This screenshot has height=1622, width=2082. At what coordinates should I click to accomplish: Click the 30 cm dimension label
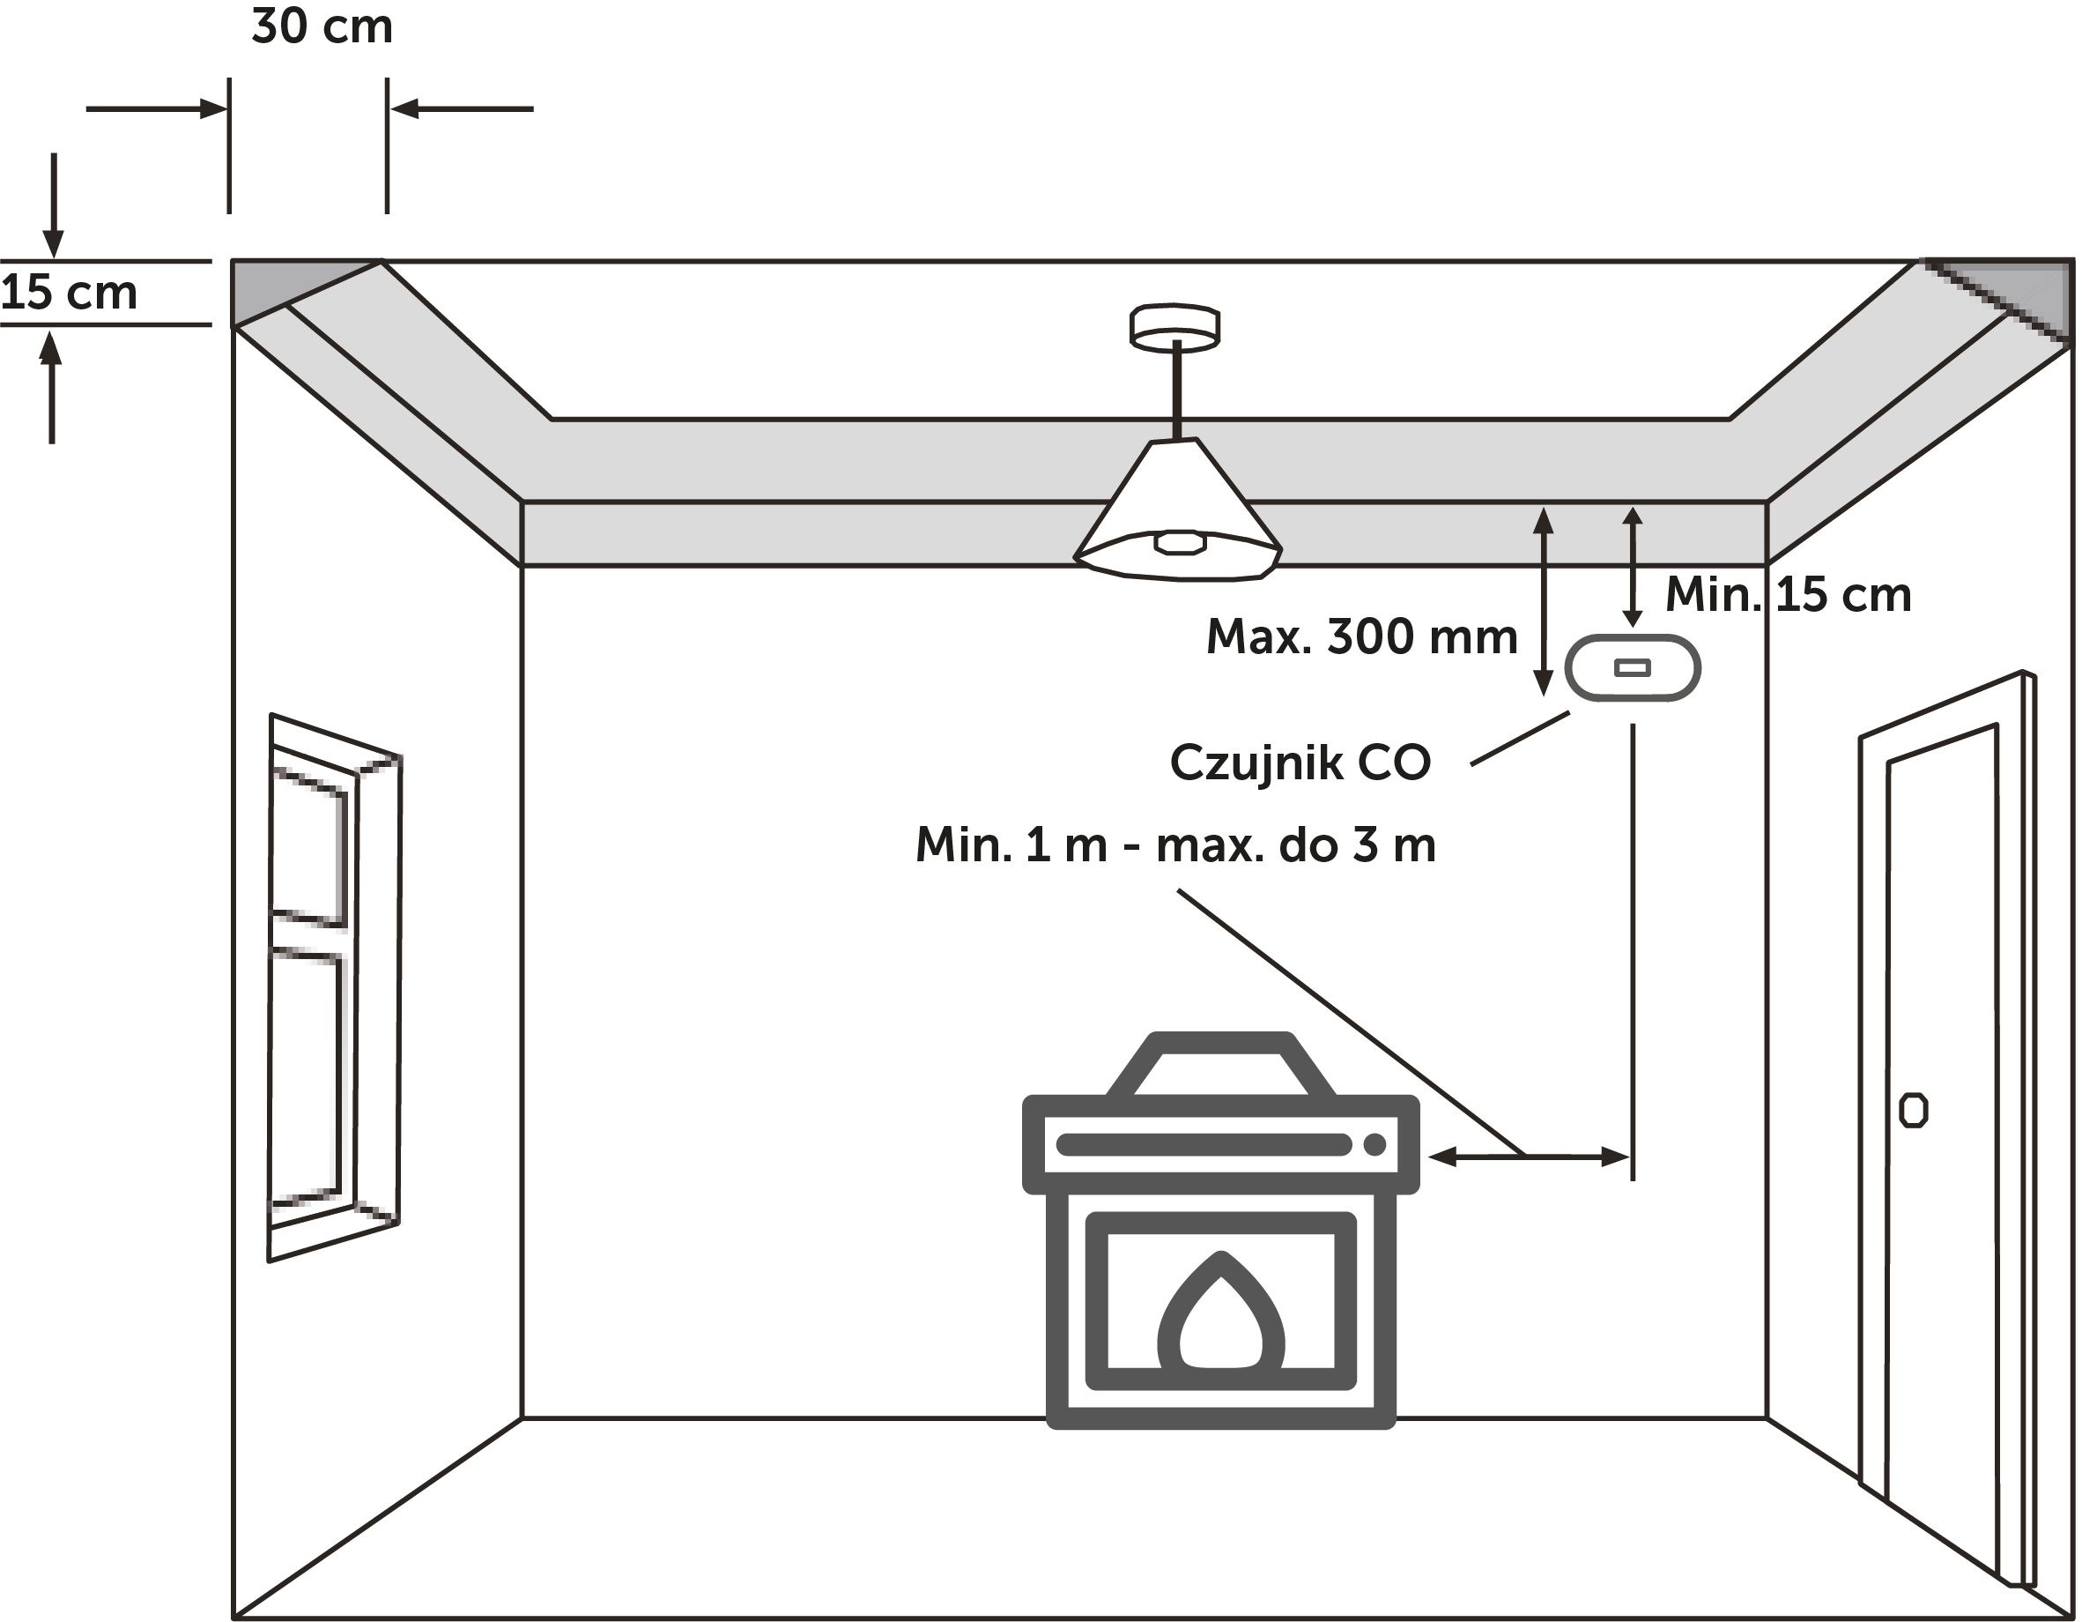pos(322,26)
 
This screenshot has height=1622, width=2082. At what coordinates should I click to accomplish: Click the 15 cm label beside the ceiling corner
pos(69,293)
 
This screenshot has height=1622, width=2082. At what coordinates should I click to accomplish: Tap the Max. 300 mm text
pos(1361,637)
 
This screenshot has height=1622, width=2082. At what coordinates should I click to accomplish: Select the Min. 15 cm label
pos(1789,595)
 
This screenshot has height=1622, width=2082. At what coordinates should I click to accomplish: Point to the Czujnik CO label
pos(1300,763)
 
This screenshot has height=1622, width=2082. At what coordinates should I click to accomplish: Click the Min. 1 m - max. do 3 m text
pos(1175,844)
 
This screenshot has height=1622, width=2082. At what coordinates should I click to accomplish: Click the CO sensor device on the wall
pos(1632,667)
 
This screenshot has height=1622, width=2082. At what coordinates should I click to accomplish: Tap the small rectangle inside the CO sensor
pos(1632,667)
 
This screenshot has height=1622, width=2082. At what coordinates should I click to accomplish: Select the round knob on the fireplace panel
pos(1374,1144)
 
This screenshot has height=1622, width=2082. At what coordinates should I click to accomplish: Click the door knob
pos(1913,1110)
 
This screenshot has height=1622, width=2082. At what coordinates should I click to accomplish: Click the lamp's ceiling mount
pos(1174,327)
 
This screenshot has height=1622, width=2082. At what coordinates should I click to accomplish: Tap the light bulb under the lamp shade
pos(1179,541)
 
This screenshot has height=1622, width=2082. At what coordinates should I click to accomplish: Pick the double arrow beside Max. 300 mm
pos(1543,602)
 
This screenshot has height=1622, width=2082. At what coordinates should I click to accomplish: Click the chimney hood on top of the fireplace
pos(1221,1064)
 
